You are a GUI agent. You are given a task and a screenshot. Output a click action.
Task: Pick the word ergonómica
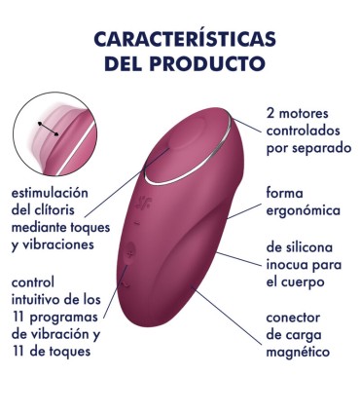point(303,210)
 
